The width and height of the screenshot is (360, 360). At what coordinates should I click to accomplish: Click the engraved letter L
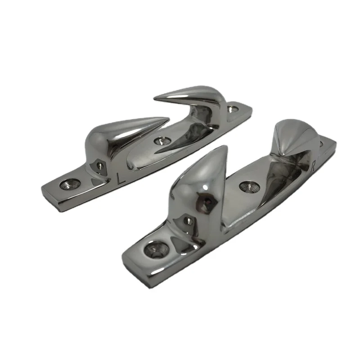point(120,178)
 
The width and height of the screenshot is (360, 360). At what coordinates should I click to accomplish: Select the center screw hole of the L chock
point(160,141)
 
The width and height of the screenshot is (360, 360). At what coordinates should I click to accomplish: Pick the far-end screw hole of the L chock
point(233,109)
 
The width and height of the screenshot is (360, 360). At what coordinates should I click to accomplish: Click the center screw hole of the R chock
point(247,185)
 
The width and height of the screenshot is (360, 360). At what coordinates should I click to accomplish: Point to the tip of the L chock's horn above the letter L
point(169,119)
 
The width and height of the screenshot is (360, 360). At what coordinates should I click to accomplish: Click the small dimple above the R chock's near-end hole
point(189,221)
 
